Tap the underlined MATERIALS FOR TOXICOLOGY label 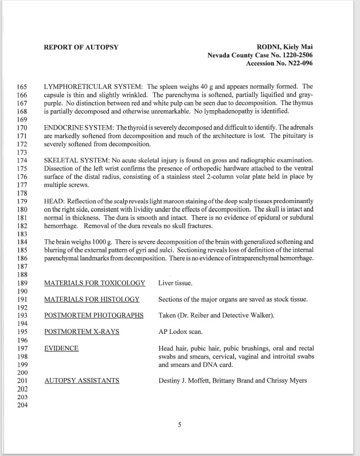click(x=94, y=283)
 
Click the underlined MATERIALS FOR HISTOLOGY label click(x=92, y=299)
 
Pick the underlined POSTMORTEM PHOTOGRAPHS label click(x=93, y=315)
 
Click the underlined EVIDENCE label click(x=61, y=348)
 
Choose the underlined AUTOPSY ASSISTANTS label click(x=81, y=380)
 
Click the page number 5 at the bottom click(x=179, y=426)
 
